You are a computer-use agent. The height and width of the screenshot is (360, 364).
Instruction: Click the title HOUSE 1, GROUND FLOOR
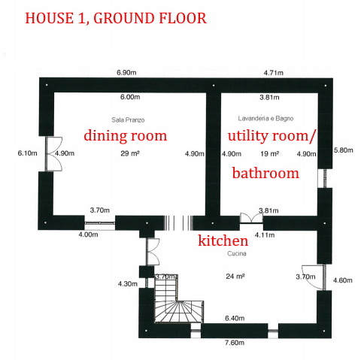116,18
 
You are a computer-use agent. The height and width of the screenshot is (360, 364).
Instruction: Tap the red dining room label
126,135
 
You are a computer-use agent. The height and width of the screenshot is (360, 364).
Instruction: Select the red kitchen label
223,241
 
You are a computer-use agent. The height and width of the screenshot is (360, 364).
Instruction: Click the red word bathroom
265,173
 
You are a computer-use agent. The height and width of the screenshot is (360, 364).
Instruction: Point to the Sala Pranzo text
128,120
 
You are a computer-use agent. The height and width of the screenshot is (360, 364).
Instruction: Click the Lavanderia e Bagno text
265,118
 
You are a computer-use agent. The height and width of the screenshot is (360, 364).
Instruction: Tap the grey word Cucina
237,253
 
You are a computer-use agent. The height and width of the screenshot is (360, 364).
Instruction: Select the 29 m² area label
130,153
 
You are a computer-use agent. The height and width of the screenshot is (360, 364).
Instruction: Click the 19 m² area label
270,153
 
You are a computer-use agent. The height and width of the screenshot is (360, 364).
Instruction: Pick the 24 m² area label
235,277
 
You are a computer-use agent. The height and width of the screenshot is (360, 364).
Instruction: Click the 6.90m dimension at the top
126,73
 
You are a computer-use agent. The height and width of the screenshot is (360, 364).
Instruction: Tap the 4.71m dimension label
274,73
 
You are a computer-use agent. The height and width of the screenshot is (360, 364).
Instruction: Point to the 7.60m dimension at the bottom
235,343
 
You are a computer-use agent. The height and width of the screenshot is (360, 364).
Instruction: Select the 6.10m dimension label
28,153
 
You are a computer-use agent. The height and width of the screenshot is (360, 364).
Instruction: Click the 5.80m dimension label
344,150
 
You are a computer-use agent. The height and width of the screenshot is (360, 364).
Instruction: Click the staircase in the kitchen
178,298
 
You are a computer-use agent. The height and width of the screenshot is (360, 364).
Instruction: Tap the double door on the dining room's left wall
53,154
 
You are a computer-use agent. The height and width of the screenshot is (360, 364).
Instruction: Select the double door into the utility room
251,218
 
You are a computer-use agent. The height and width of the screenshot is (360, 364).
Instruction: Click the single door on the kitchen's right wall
314,277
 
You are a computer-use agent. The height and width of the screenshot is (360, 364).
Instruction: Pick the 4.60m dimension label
343,280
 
